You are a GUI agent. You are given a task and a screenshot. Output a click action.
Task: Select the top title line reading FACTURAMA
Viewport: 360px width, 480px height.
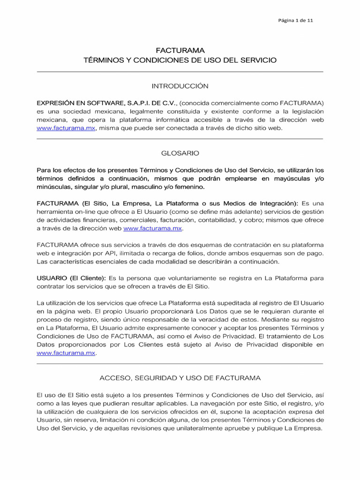[x=180, y=50]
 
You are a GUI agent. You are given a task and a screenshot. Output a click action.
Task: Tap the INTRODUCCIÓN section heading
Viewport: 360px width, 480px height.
[x=180, y=86]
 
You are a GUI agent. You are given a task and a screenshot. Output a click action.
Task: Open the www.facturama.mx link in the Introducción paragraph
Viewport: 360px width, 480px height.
[x=66, y=128]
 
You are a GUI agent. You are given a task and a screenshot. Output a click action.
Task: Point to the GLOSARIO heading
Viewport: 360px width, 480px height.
[x=180, y=153]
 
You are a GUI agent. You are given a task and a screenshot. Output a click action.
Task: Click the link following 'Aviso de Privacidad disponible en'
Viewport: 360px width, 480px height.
[x=66, y=353]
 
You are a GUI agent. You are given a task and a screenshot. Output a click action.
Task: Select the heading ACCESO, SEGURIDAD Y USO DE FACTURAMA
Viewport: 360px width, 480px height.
[x=180, y=377]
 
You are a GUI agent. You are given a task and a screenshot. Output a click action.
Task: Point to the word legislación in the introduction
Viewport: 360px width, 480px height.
[x=305, y=111]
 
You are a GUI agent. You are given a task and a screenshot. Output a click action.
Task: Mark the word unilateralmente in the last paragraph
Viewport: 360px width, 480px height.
[x=207, y=429]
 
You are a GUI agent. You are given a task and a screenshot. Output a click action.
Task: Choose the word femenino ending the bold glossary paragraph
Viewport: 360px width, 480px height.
[x=189, y=187]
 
